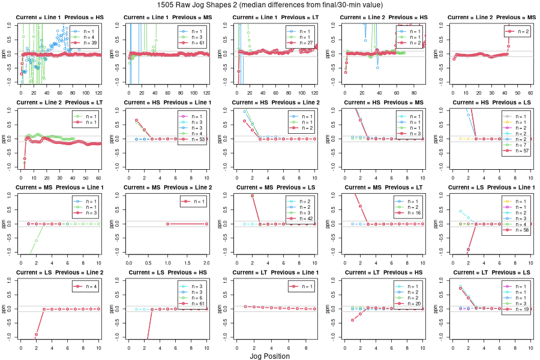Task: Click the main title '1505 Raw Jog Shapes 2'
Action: tap(270, 5)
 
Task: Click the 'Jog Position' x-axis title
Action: tap(269, 356)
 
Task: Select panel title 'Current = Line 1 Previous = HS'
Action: tap(59, 17)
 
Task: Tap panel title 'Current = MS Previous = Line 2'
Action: tap(167, 188)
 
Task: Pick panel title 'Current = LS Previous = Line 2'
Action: tap(59, 273)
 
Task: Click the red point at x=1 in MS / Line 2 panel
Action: tap(167, 224)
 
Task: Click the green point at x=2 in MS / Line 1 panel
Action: tap(36, 241)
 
